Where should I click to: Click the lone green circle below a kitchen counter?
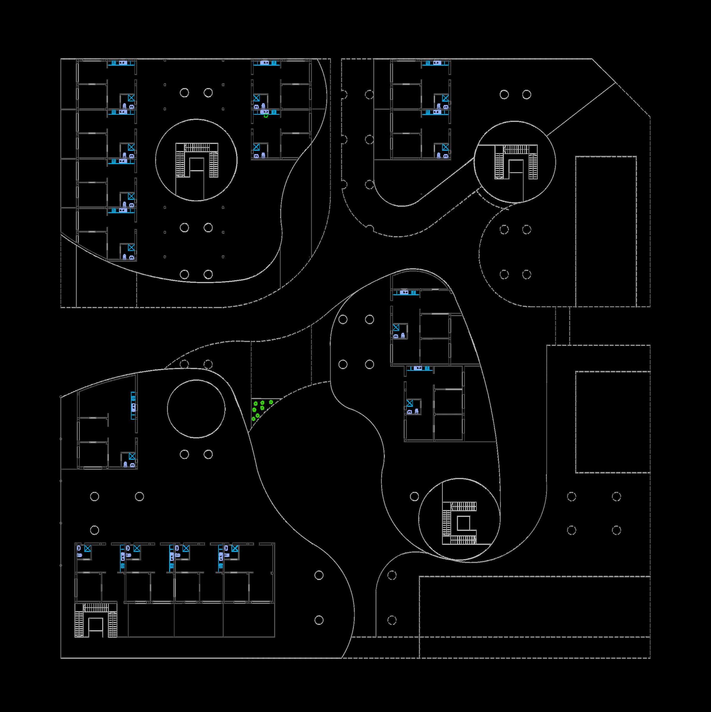tap(266, 116)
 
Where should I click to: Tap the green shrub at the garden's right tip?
tap(271, 402)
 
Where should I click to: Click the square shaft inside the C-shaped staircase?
tap(463, 523)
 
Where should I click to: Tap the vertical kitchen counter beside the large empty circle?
tap(133, 405)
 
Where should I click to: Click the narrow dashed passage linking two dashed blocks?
tap(563, 326)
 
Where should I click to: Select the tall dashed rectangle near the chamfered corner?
tap(606, 231)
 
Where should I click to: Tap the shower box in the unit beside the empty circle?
tap(131, 457)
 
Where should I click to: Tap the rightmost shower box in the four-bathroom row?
tap(235, 549)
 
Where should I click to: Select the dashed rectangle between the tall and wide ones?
tap(612, 422)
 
